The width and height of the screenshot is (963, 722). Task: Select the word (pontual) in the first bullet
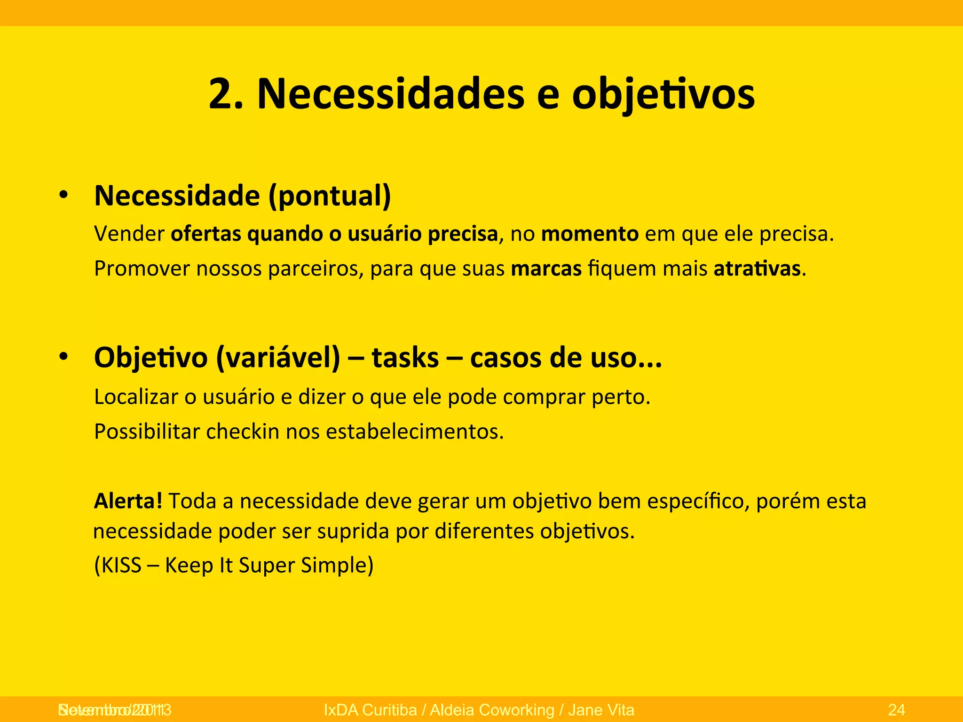(330, 196)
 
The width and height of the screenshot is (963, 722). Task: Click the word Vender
(129, 234)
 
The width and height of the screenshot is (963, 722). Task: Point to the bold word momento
(590, 234)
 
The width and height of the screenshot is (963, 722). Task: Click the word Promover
(142, 268)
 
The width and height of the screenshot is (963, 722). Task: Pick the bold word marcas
(546, 268)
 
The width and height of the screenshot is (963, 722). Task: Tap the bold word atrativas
(757, 268)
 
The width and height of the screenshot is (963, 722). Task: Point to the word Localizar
(136, 397)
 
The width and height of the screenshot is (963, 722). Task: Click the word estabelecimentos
(415, 432)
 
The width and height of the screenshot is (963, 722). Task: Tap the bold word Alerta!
(128, 501)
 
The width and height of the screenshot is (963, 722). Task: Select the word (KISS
(118, 565)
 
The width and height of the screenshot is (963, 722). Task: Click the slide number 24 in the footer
(897, 709)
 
